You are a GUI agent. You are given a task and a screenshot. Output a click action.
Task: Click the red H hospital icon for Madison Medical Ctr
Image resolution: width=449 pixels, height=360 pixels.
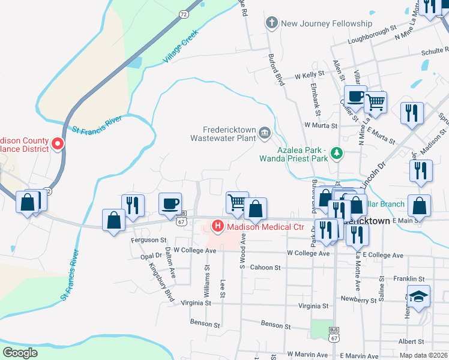tap(217, 226)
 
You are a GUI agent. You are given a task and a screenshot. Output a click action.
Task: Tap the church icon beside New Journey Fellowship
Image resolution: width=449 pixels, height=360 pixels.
tap(271, 23)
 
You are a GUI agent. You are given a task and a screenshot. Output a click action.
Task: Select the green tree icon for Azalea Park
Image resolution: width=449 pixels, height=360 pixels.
tap(337, 154)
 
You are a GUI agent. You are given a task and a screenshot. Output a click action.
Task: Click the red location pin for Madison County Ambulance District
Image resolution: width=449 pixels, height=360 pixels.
tap(58, 143)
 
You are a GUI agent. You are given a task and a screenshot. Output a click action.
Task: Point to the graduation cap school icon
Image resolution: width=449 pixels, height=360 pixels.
tap(418, 296)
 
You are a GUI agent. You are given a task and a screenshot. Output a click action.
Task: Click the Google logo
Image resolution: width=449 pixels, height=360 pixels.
tap(20, 352)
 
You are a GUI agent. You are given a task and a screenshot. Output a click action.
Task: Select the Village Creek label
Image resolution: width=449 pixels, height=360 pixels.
tap(180, 52)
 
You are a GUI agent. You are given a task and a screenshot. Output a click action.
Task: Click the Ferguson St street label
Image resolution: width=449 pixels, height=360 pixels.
tap(148, 240)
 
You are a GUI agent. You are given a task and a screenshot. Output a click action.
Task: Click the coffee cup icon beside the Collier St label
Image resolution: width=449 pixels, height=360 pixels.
tap(355, 95)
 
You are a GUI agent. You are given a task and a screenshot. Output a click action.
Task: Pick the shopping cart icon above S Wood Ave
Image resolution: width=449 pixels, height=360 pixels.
tap(236, 202)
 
